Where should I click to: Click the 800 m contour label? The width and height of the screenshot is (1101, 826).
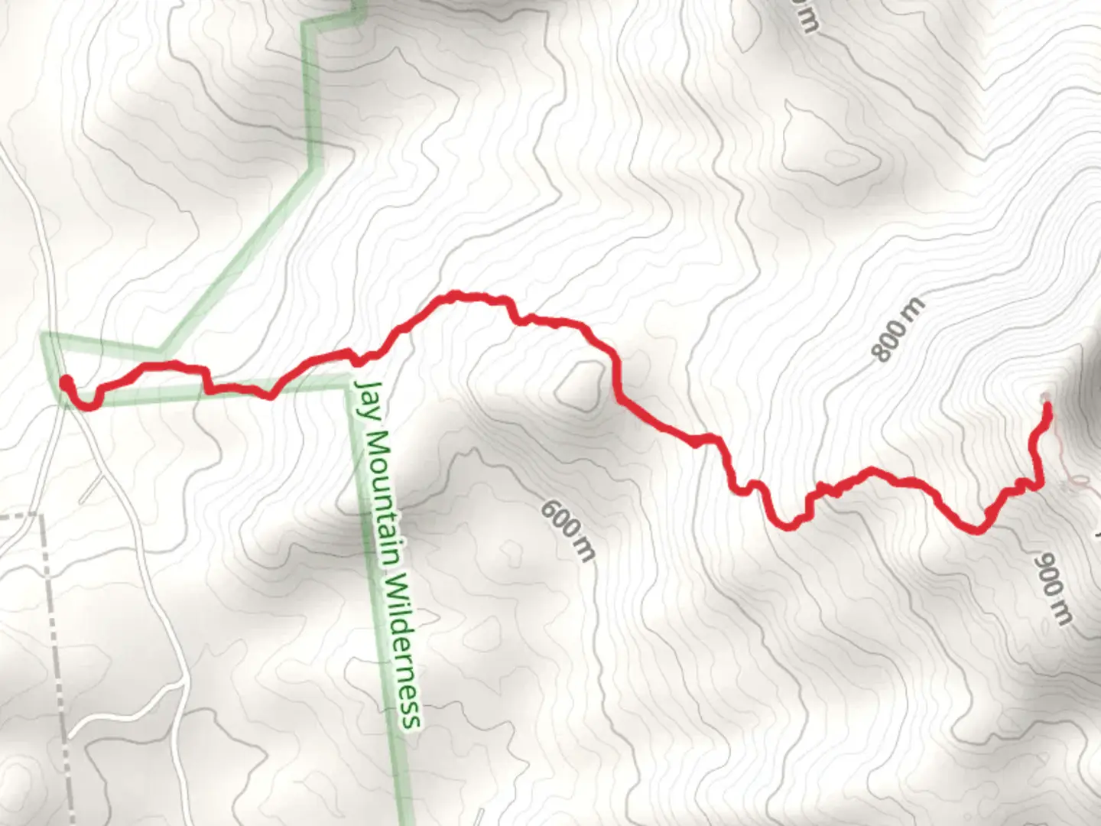[x=898, y=330]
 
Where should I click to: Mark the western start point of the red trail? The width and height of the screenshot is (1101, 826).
[x=67, y=382]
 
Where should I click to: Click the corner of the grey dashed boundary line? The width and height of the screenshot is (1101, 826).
[x=41, y=517]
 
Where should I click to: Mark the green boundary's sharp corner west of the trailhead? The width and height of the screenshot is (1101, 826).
[x=44, y=336]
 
